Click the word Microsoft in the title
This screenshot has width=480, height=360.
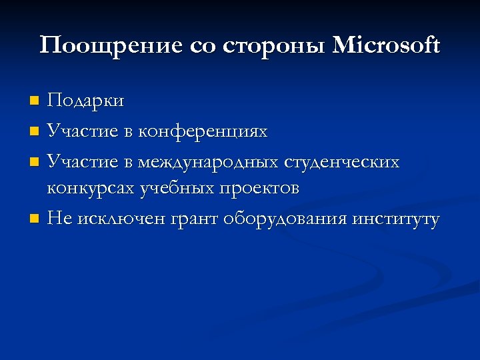point(386,46)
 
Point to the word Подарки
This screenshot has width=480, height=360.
point(85,101)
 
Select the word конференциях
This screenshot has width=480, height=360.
point(203,131)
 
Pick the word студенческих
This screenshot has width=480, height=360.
point(342,161)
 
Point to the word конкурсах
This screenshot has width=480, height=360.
point(90,189)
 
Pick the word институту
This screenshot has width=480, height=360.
point(397,219)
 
